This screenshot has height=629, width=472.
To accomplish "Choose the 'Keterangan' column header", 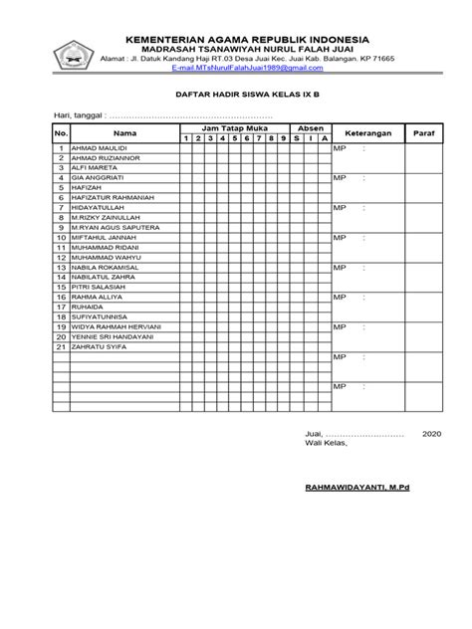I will coord(367,132).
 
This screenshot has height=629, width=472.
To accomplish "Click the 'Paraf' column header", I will coord(431,132).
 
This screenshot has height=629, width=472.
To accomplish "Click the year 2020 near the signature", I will coord(432,435).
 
